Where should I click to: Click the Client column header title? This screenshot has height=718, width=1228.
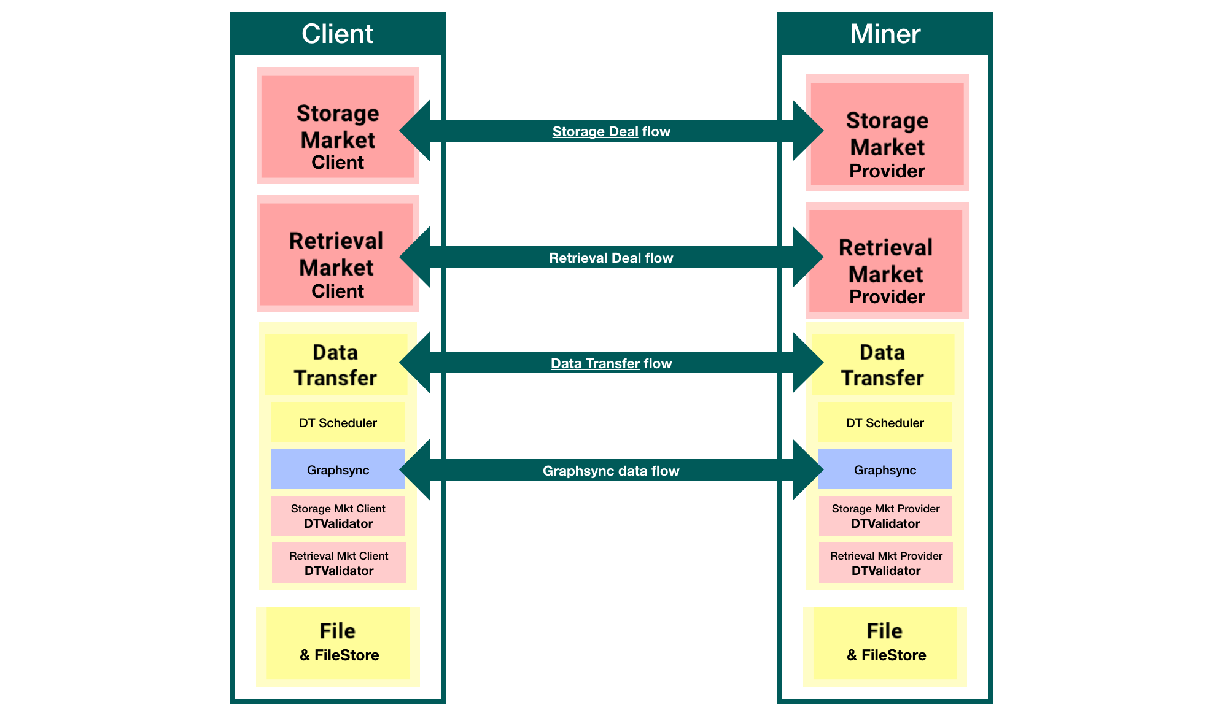337,34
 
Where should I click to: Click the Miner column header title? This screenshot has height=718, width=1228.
885,34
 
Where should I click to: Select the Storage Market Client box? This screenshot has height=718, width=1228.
337,126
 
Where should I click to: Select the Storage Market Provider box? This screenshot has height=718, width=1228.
887,134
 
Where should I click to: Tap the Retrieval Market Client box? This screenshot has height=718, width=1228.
336,254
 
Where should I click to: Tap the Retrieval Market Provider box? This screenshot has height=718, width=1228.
886,261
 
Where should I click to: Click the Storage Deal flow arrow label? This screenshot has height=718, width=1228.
611,131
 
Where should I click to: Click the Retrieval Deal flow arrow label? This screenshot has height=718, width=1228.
611,258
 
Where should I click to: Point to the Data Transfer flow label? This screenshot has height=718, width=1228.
611,363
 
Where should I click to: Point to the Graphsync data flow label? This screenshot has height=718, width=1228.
611,471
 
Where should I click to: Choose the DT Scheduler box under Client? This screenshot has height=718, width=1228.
338,423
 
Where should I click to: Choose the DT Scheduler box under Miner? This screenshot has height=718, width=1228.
885,423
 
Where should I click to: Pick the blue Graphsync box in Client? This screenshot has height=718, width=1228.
338,469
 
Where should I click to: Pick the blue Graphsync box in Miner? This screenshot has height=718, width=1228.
885,469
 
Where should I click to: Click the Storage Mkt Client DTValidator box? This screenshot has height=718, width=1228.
338,516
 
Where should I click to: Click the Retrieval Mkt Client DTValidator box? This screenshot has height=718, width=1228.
338,563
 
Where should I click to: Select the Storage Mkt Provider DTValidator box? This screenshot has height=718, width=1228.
885,516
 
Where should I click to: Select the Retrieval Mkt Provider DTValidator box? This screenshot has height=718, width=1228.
885,563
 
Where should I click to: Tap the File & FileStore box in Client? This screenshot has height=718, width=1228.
338,643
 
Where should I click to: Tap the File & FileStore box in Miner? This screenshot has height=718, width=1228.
885,643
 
